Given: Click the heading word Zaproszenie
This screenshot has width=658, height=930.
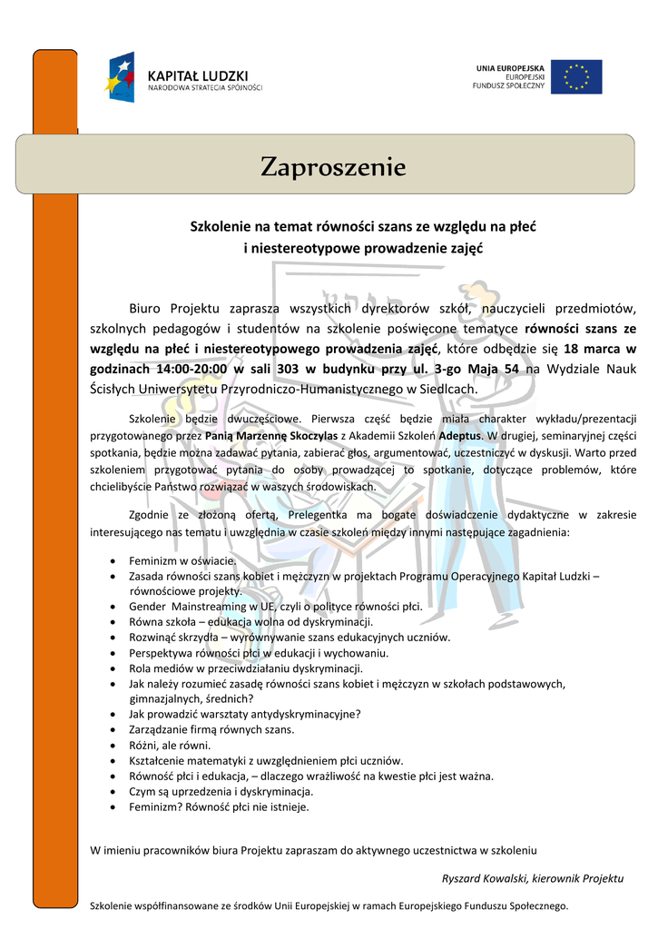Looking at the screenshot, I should point(333,167).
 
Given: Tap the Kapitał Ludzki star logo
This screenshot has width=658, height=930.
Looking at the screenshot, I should point(122,77).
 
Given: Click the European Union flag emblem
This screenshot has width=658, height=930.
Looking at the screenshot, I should point(575,76).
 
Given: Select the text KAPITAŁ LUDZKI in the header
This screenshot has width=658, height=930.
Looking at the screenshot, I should point(197,75).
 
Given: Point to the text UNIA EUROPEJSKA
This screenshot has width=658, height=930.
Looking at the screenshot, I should point(510,68).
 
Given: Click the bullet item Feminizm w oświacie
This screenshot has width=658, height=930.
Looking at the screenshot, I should point(182,561).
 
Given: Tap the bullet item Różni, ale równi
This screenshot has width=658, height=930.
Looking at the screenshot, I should point(170,745).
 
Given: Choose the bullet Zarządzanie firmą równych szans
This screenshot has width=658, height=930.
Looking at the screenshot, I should point(211,729).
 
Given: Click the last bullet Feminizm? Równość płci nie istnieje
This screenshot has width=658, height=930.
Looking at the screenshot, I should point(219,806).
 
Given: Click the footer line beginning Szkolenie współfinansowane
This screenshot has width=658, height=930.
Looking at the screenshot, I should point(329,905).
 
